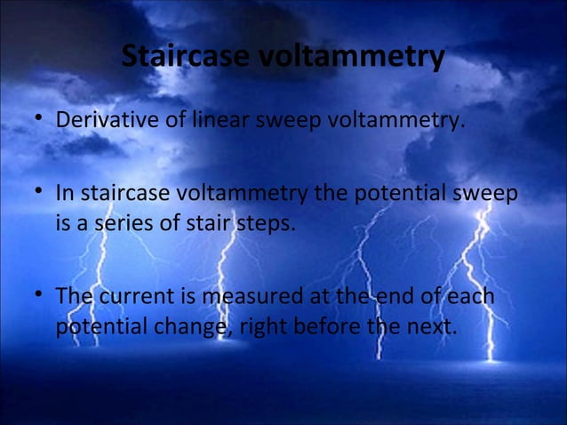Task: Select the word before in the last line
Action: [314, 326]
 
